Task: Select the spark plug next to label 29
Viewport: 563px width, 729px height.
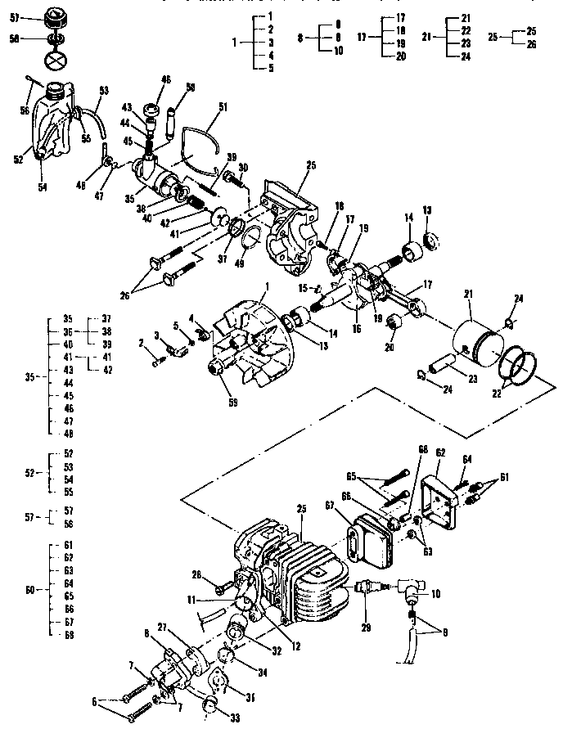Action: [366, 587]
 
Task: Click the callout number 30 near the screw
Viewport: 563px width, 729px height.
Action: [243, 166]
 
